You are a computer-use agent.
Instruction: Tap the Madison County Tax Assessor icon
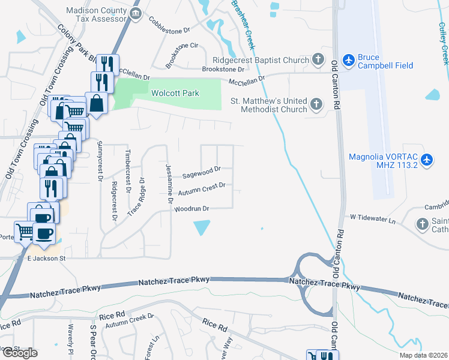(136, 13)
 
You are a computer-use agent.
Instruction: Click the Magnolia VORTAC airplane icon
(426, 160)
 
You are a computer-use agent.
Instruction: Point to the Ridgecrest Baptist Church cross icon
(318, 60)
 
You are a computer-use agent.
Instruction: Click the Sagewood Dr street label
(202, 172)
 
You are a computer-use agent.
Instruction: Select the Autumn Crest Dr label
(202, 189)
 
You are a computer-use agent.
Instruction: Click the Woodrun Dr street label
(191, 209)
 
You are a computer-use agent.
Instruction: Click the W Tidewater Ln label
(374, 221)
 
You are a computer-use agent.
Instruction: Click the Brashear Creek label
(244, 24)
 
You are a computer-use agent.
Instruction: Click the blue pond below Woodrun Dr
(202, 228)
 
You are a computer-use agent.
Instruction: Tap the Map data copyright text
(422, 355)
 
